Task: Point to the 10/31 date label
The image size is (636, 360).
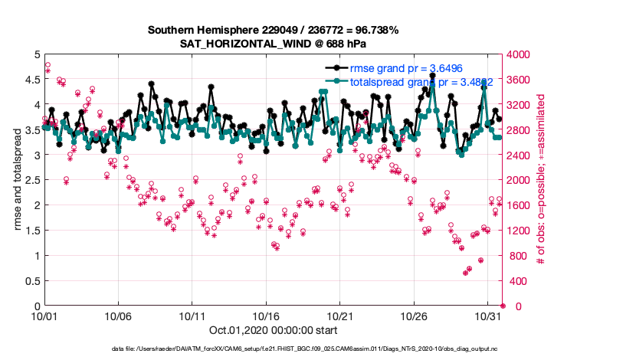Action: click(488, 316)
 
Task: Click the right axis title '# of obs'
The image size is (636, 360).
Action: click(541, 180)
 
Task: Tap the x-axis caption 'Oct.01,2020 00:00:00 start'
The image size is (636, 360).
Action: click(272, 332)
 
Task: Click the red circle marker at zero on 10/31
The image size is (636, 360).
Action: click(503, 306)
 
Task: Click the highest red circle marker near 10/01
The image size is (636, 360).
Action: click(48, 65)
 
